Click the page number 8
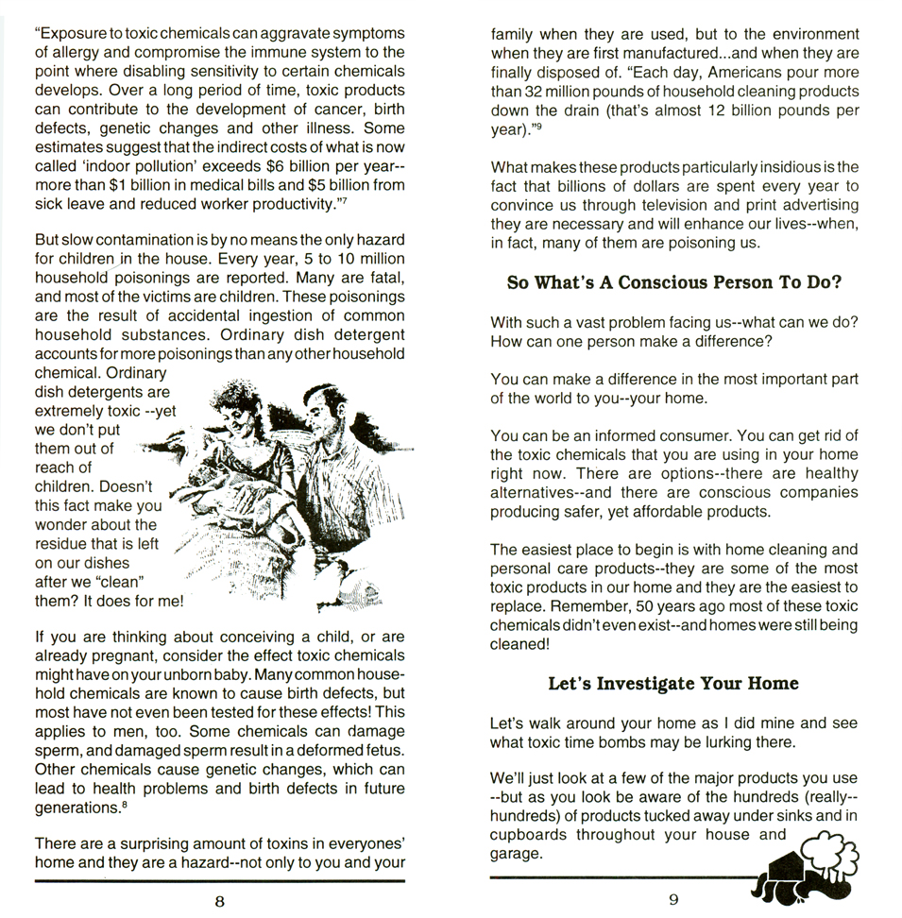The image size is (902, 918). click(x=219, y=900)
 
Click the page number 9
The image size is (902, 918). click(x=673, y=899)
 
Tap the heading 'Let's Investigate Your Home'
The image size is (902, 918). click(x=673, y=683)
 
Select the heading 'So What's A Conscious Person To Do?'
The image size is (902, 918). click(x=673, y=281)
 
